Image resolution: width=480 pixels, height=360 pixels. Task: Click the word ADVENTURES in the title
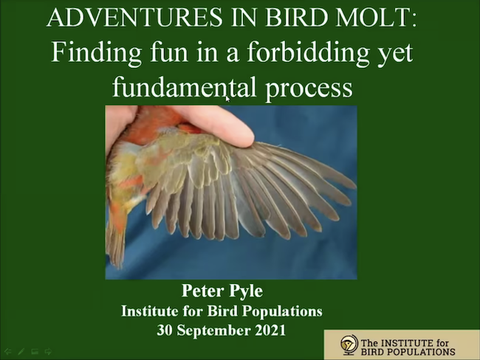[x=134, y=18]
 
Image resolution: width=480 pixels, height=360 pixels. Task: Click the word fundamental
[x=184, y=86]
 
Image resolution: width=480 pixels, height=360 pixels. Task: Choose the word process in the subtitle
[x=309, y=89]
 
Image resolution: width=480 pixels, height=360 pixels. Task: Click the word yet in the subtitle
[x=395, y=55]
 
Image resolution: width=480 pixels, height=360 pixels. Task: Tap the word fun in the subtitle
[x=168, y=52]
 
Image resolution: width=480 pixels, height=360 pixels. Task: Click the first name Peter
[x=202, y=290]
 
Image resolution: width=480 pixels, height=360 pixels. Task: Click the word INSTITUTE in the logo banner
[x=406, y=343]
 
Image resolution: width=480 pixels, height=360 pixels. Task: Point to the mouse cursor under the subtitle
[x=227, y=99]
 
